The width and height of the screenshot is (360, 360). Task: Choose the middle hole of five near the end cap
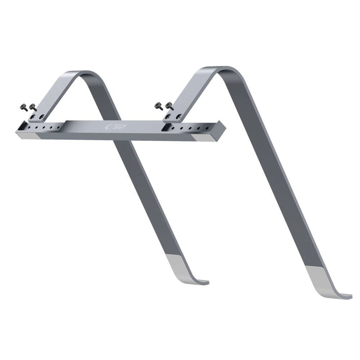pos(190,128)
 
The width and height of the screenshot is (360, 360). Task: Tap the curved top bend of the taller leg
pos(216,69)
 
